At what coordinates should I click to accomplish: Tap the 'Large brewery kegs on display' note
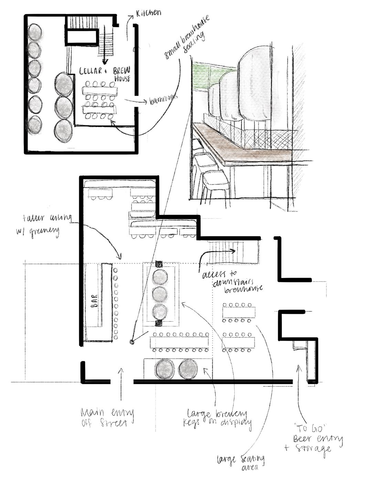click(x=218, y=418)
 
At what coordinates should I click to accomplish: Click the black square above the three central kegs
click(x=159, y=264)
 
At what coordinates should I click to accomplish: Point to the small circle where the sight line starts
click(x=131, y=342)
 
